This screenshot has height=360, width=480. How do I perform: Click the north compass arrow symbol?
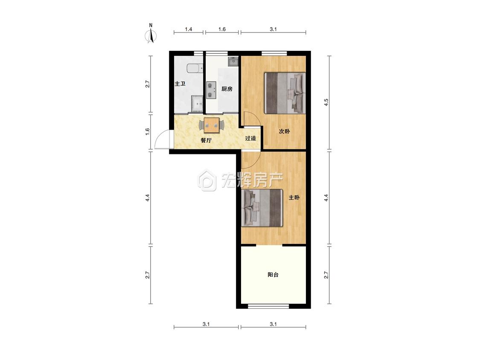pyautogui.click(x=151, y=34)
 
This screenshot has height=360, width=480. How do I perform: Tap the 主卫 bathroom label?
pyautogui.click(x=180, y=84)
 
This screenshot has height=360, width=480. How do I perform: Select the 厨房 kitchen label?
pyautogui.click(x=227, y=89)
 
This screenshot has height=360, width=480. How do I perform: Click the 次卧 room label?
pyautogui.click(x=284, y=131)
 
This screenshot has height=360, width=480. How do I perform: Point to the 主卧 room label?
pyautogui.click(x=294, y=197)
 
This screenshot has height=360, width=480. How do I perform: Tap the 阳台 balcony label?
pyautogui.click(x=273, y=275)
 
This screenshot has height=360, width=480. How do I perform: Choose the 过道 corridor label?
pyautogui.click(x=250, y=138)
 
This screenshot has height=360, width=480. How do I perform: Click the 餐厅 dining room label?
pyautogui.click(x=206, y=140)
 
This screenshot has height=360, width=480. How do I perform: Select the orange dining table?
pyautogui.click(x=212, y=125)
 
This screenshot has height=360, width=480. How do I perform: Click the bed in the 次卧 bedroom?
pyautogui.click(x=285, y=93)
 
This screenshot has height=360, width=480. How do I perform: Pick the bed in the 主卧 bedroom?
pyautogui.click(x=262, y=208)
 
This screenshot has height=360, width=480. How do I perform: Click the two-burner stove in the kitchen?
pyautogui.click(x=211, y=90)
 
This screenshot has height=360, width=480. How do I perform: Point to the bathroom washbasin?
pyautogui.click(x=197, y=104)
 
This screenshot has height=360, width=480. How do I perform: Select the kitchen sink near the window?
pyautogui.click(x=233, y=61)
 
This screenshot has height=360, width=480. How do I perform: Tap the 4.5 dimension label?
pyautogui.click(x=326, y=102)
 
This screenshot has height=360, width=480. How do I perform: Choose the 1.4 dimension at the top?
pyautogui.click(x=189, y=29)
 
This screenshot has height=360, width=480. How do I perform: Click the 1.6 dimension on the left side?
pyautogui.click(x=148, y=132)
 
